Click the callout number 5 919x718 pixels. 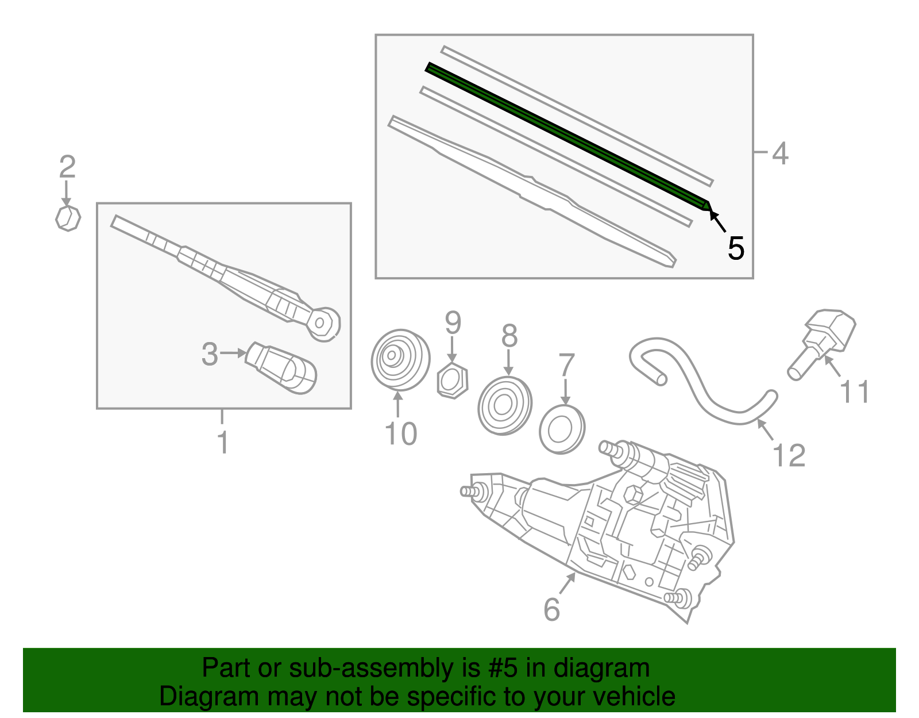tap(735, 248)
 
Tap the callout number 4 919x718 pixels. tap(779, 153)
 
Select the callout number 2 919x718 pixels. tap(67, 167)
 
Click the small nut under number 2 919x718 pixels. tap(68, 218)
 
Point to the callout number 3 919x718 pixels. tap(210, 354)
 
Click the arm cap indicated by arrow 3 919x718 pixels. tap(281, 368)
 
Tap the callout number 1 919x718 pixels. tap(223, 443)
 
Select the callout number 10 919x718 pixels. tap(400, 433)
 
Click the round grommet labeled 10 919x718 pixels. tap(400, 359)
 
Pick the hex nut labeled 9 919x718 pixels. tap(453, 381)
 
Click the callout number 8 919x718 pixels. tap(509, 336)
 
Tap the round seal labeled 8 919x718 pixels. tap(505, 405)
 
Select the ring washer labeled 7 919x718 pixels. tap(562, 429)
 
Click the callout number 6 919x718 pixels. tap(551, 609)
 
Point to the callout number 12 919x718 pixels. tap(789, 456)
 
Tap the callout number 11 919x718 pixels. tap(854, 392)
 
